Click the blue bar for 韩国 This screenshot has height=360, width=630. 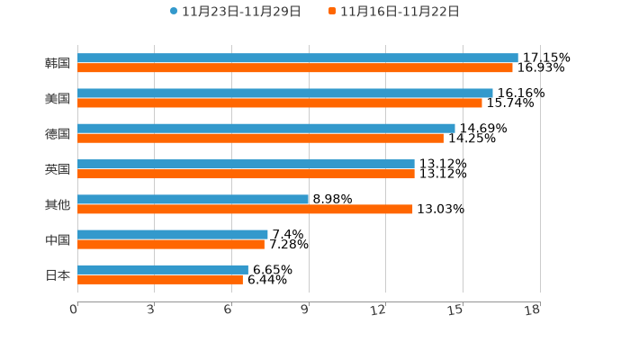click(297, 58)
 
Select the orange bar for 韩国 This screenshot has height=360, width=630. click(295, 67)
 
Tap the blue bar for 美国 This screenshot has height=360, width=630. click(284, 93)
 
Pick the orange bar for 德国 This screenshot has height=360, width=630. click(260, 138)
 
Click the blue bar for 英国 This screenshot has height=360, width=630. click(246, 164)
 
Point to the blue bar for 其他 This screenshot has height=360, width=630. click(193, 199)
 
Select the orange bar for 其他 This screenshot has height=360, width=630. click(245, 209)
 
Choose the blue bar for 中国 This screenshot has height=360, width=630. click(173, 234)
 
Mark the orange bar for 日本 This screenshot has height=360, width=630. click(160, 279)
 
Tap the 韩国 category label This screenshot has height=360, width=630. click(58, 63)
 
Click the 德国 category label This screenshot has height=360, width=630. click(58, 133)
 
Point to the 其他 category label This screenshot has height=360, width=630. click(58, 204)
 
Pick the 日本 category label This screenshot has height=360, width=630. click(58, 274)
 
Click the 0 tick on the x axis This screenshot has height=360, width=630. click(74, 310)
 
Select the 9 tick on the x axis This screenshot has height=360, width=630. click(305, 310)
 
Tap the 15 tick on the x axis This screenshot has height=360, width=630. click(455, 310)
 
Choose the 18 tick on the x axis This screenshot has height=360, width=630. click(532, 310)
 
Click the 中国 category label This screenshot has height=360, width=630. click(58, 239)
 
